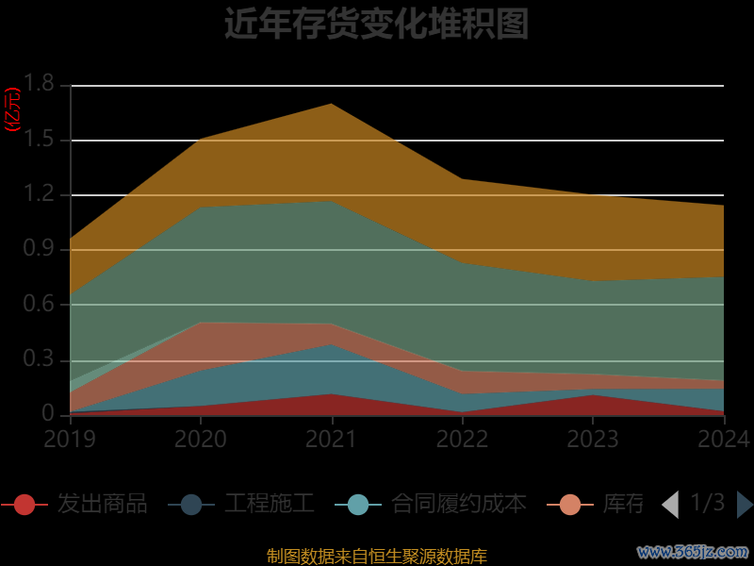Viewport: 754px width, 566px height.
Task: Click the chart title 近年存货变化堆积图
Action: (x=376, y=24)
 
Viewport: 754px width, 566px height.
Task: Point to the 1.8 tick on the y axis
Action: (x=40, y=86)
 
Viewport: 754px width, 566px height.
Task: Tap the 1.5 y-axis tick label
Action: (x=40, y=141)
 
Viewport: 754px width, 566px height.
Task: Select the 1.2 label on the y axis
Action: (x=40, y=195)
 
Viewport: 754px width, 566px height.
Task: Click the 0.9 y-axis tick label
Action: (x=40, y=250)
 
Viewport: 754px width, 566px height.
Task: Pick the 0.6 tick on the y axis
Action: (x=40, y=305)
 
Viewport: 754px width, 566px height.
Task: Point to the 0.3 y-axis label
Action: (x=40, y=360)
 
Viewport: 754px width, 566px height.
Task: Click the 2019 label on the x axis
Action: (x=70, y=439)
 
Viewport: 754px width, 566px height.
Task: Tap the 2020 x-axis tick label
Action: (x=201, y=439)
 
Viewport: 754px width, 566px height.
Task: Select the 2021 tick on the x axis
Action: (x=332, y=439)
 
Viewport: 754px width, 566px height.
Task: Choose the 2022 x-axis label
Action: (x=462, y=439)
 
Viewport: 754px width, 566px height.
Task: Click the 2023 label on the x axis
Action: (x=593, y=439)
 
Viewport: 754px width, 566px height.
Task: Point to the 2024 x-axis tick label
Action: (x=723, y=439)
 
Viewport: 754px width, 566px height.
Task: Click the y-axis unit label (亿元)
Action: (x=13, y=109)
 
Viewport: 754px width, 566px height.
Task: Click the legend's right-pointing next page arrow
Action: (x=745, y=505)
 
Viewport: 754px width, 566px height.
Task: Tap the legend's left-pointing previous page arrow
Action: (x=670, y=505)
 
